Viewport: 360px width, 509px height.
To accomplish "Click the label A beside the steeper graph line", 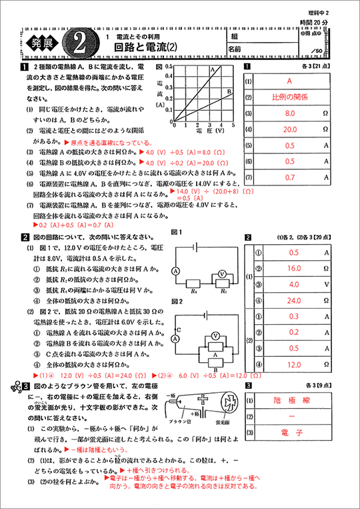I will point(213,69).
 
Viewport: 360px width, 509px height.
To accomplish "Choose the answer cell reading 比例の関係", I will point(289,97).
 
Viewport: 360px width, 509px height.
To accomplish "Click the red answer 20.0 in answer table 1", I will point(289,129).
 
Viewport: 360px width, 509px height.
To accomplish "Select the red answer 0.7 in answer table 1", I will point(289,177).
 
